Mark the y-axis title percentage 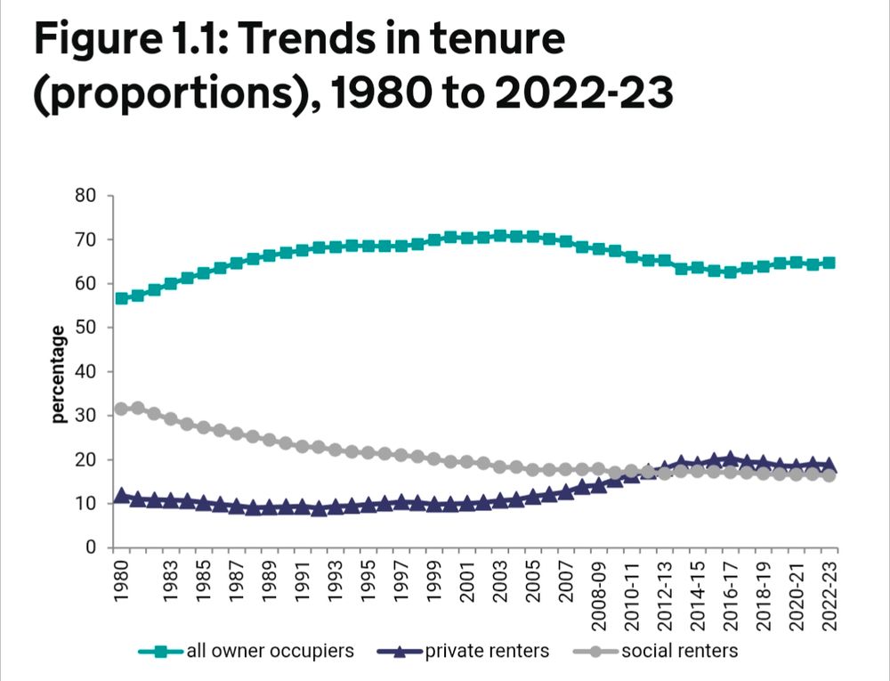point(59,374)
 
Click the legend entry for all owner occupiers point(269,651)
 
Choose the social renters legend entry point(679,651)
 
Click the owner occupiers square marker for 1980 point(122,298)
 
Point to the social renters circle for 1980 point(122,409)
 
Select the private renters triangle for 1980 point(122,495)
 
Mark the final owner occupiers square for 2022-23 point(829,263)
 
